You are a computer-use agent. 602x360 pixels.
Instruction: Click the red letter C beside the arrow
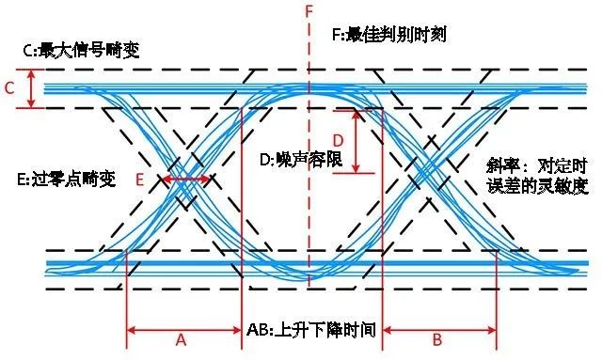point(10,89)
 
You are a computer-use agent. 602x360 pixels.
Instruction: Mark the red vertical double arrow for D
point(356,141)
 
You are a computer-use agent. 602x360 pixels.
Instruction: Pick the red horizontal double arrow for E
point(187,179)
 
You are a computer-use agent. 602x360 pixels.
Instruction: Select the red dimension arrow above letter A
point(183,329)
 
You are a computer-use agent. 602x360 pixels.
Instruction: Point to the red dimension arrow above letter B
point(438,329)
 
